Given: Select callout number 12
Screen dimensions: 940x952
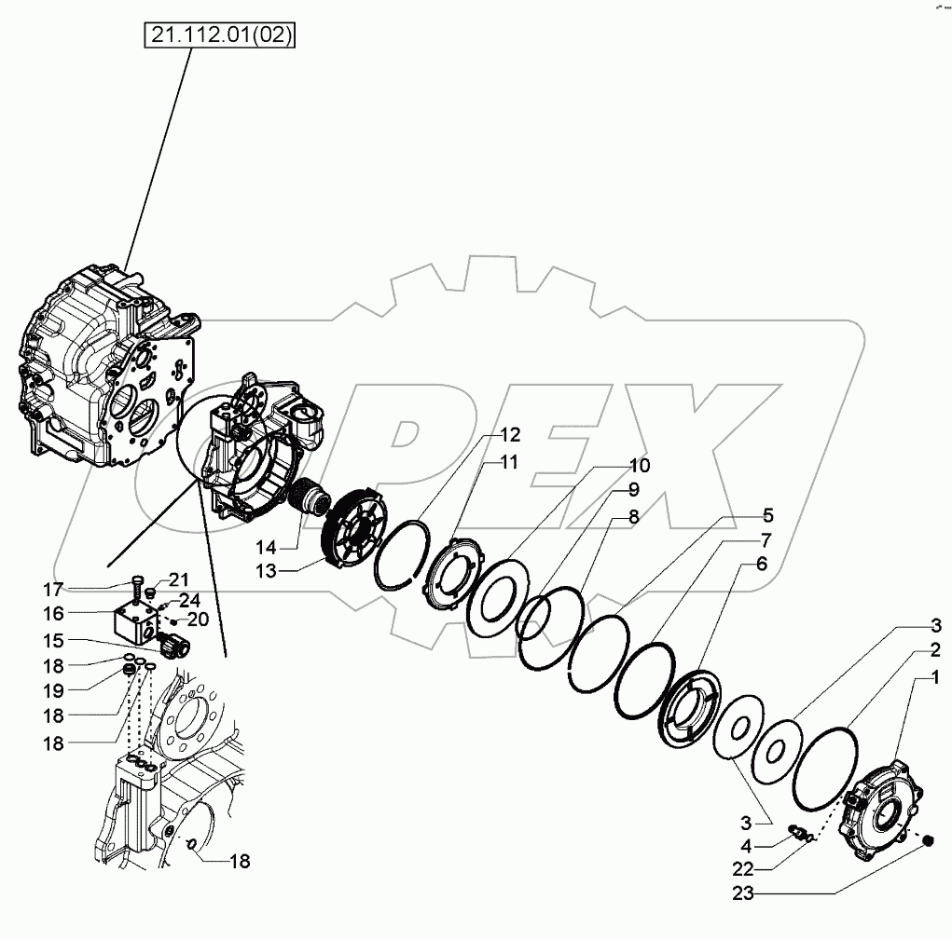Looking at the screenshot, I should pos(509,435).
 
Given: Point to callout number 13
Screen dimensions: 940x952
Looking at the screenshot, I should pos(266,571).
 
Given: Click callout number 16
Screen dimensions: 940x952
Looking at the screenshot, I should pos(54,614).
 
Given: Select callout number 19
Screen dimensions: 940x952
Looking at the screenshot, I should pos(54,690).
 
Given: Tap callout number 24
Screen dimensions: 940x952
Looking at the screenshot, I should pos(189,599).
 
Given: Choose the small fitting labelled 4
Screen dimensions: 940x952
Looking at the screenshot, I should pos(799,830).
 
